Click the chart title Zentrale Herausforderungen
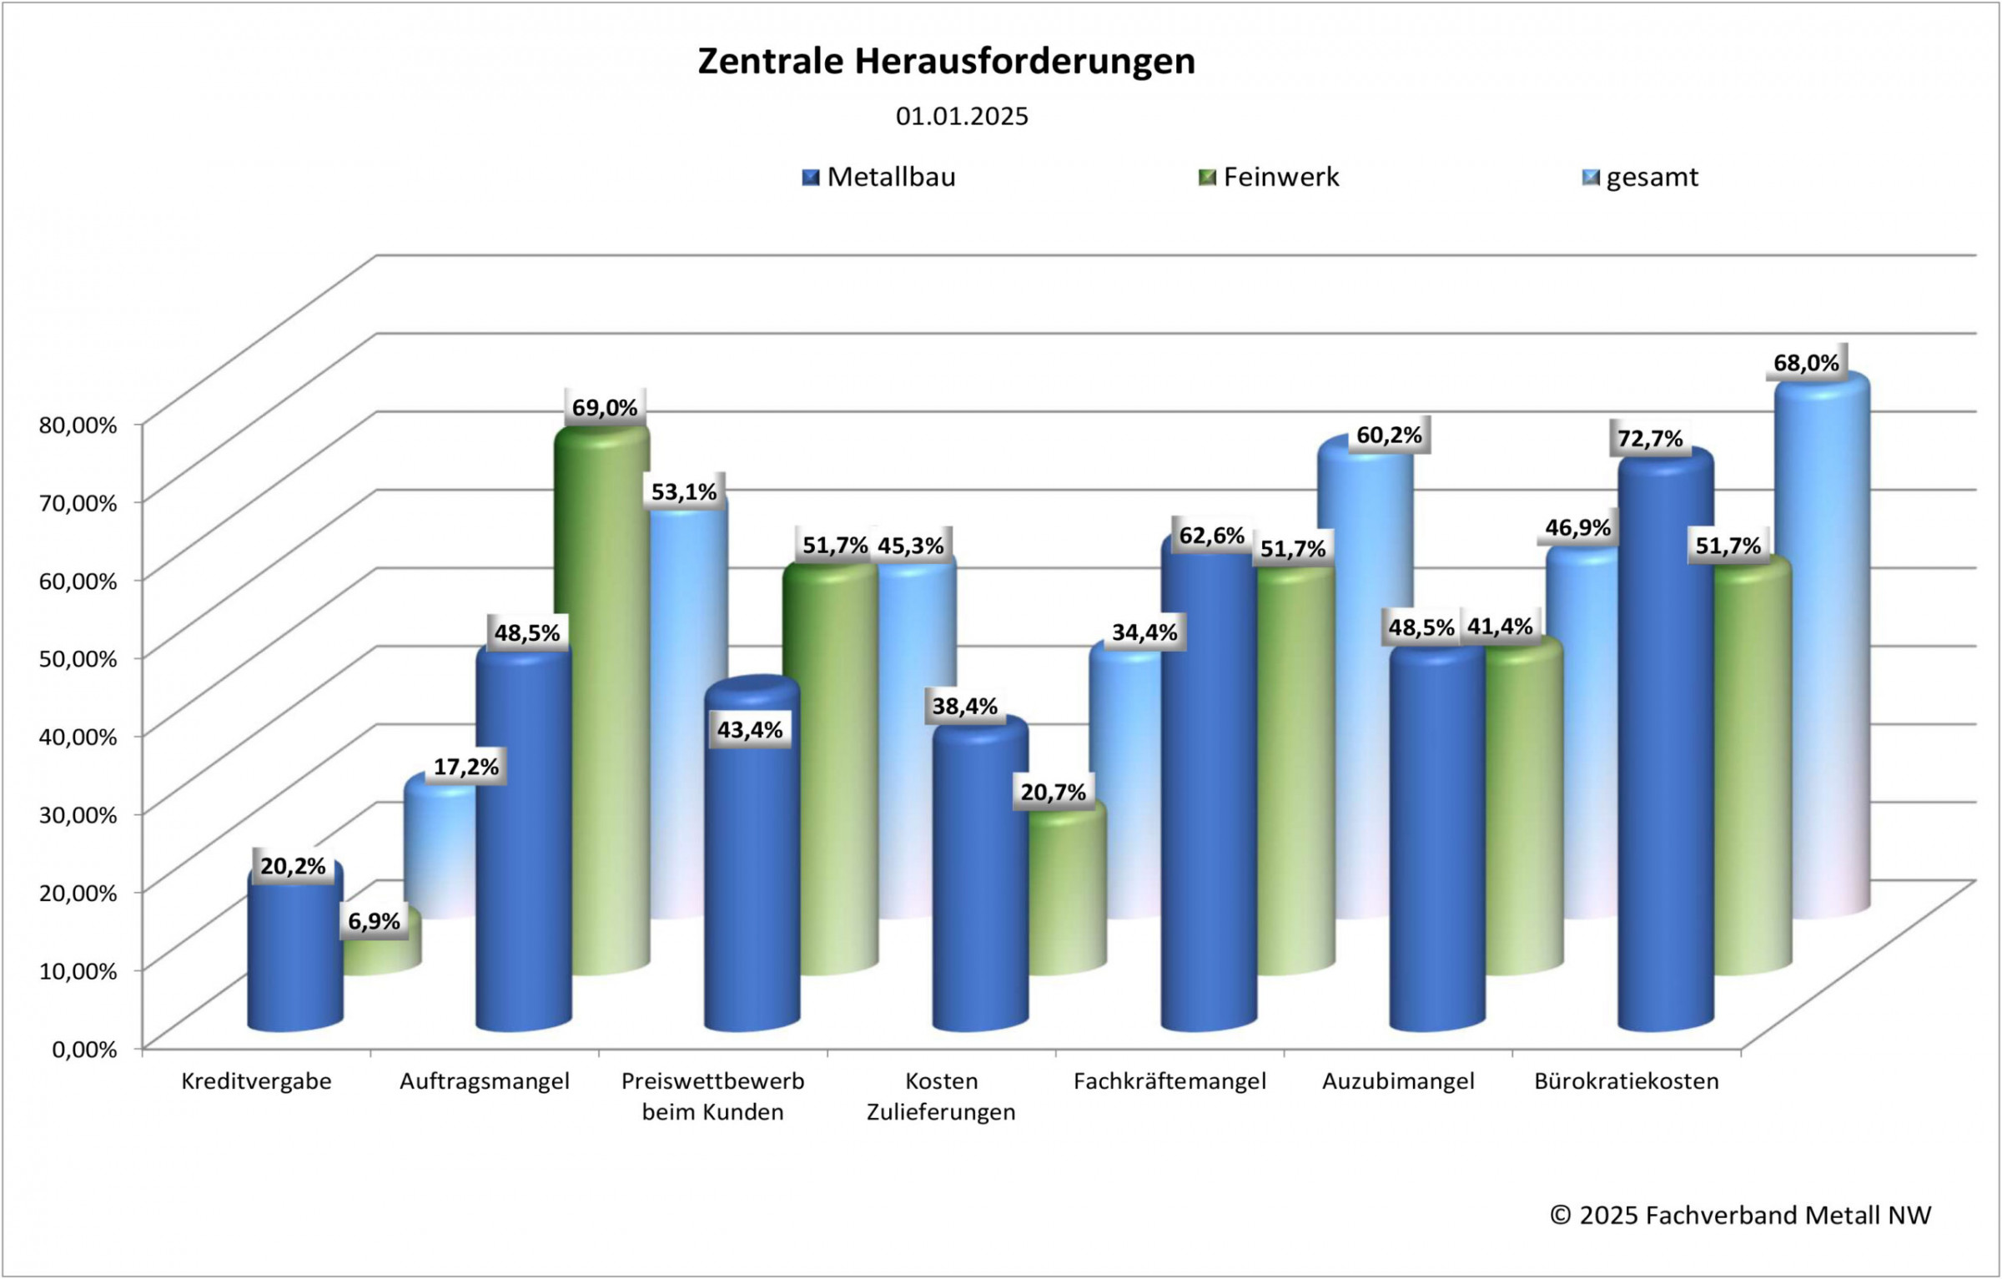946,62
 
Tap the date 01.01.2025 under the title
962,117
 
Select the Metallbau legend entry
879,178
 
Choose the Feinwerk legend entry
1269,178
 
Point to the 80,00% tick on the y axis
78,425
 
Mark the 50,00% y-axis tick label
78,659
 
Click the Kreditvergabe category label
256,1082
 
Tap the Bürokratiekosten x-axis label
1627,1082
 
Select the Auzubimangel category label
1398,1082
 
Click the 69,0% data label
605,408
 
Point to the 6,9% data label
374,922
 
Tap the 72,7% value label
1650,439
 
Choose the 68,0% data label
1806,363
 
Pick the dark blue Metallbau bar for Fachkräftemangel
1208,793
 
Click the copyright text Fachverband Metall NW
1740,1216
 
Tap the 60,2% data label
1389,436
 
